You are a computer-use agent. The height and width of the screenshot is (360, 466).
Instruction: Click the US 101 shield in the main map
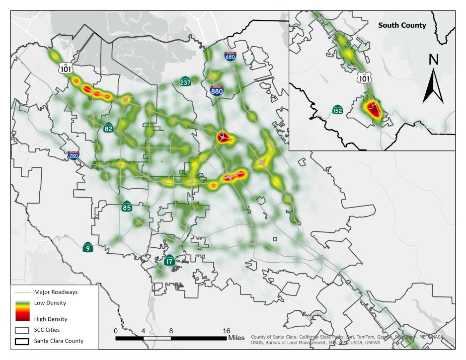(66, 68)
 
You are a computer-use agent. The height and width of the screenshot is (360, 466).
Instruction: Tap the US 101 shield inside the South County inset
(364, 77)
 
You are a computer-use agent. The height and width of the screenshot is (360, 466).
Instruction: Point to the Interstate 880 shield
(216, 90)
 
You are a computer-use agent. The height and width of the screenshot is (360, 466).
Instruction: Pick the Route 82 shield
(109, 128)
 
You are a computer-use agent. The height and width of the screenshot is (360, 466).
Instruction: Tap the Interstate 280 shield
(73, 156)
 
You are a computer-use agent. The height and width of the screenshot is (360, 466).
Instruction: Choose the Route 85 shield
(127, 207)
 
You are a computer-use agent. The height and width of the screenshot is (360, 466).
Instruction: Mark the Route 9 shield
(88, 247)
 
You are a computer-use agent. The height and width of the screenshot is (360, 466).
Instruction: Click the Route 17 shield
(169, 260)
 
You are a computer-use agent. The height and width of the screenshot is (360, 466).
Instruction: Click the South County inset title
(402, 25)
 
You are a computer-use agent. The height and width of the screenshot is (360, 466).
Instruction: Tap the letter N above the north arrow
(433, 59)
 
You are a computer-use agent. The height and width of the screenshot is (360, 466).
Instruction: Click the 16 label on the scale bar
(226, 330)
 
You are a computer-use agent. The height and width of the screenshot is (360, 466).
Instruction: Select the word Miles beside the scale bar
(236, 338)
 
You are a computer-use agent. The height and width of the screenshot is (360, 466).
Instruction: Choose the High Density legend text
(50, 319)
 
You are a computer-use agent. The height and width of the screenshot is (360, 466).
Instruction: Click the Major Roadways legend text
(56, 292)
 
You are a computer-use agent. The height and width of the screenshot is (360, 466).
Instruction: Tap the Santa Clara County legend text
(59, 341)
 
